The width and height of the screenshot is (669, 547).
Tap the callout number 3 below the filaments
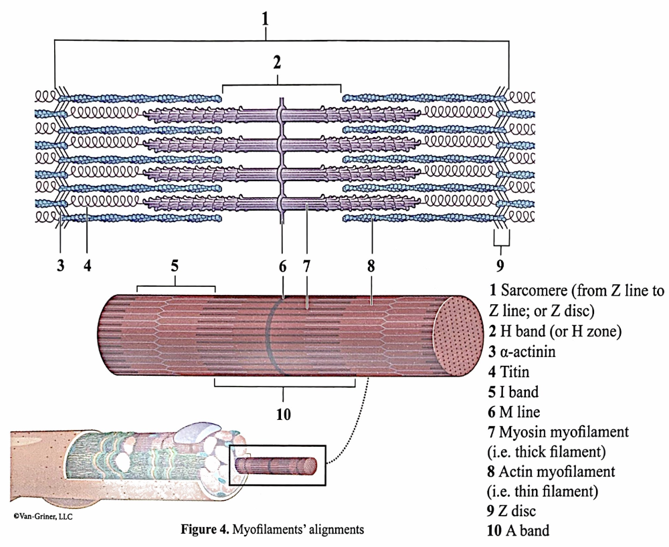(x=60, y=265)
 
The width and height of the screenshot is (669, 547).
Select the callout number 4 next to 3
(x=87, y=265)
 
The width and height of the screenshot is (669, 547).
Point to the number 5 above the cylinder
(x=175, y=265)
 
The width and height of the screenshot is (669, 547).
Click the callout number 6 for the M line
(x=282, y=265)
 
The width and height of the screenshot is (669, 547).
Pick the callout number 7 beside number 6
(x=306, y=265)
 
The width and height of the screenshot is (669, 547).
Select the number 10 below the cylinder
(x=283, y=415)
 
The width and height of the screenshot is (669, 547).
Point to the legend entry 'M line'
(x=523, y=411)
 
